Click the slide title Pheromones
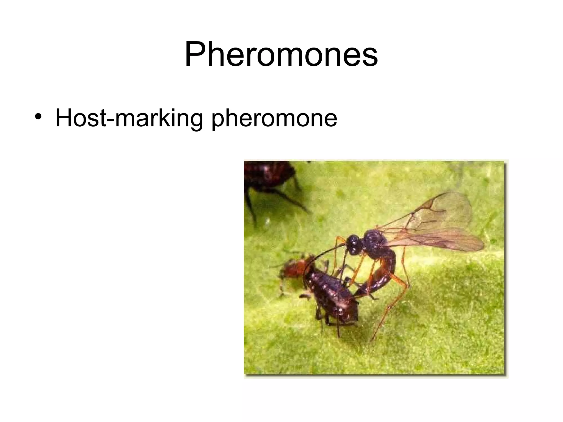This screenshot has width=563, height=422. tap(281, 54)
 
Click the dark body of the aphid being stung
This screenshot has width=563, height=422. tap(330, 297)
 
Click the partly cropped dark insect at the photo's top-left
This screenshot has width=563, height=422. tap(267, 174)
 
